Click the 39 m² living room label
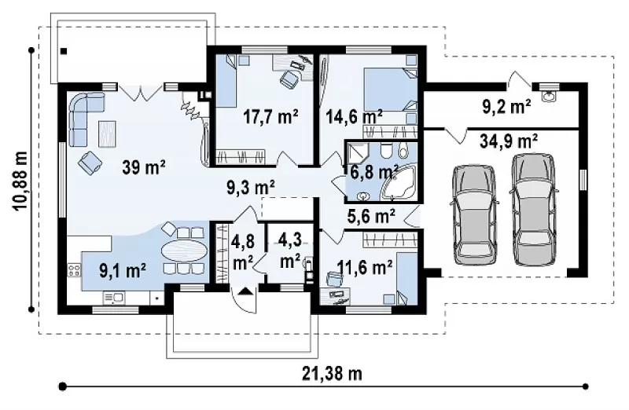pos(144,167)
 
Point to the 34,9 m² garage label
pos(509,141)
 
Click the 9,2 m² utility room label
pos(506,107)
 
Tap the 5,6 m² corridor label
pos(370,216)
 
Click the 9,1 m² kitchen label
pos(123,270)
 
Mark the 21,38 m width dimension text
pos(332,374)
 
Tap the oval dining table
pos(185,251)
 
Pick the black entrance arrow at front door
pos(245,291)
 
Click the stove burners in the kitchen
pos(74,269)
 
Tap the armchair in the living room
pos(90,163)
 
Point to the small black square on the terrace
pos(64,51)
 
